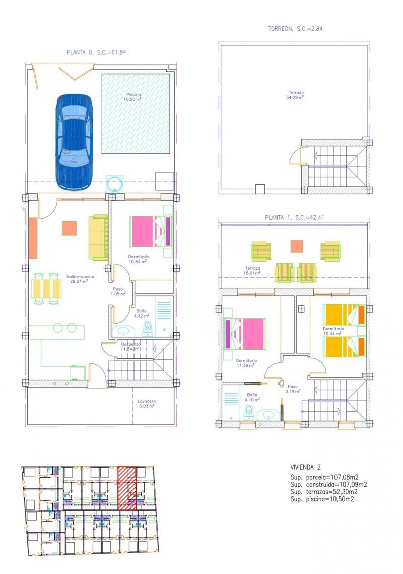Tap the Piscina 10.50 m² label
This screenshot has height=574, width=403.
click(x=134, y=97)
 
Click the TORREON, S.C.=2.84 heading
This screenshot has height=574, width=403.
click(x=295, y=29)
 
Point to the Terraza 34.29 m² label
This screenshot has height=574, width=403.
click(x=296, y=95)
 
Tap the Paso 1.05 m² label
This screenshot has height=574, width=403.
click(x=118, y=291)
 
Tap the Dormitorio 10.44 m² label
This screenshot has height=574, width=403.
click(x=333, y=331)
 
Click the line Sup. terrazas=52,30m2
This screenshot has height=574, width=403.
click(x=324, y=491)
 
